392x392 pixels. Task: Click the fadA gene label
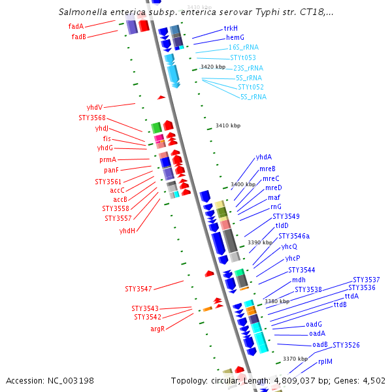point(76,27)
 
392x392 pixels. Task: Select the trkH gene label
point(231,29)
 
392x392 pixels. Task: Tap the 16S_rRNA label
point(243,48)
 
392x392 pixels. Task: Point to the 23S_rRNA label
point(248,68)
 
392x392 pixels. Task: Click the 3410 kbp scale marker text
point(228,125)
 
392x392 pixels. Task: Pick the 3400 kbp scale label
point(242,184)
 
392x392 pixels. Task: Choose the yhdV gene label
point(95,107)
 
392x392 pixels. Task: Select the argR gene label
point(157,329)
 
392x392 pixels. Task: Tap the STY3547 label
point(139,288)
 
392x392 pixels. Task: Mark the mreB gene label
point(268,169)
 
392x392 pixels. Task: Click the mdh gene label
point(299,280)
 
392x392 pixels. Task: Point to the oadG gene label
point(314,324)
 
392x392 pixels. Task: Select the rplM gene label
point(325,361)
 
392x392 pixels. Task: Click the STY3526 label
point(346,345)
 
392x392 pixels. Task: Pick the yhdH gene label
point(127,231)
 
